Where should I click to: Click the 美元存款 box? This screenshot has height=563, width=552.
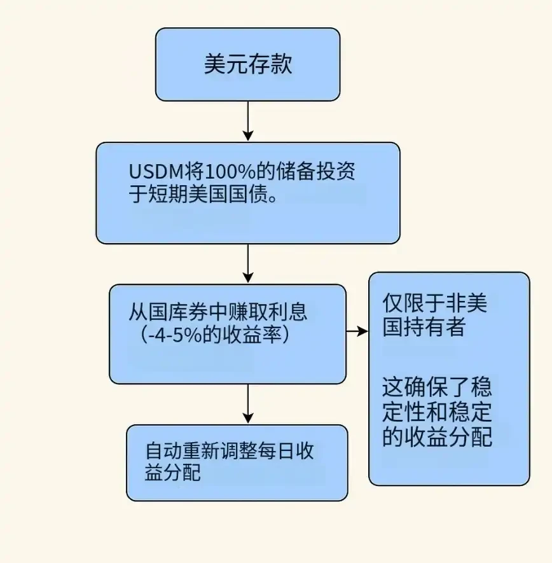coord(247,64)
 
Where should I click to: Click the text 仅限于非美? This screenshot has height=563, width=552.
coord(435,303)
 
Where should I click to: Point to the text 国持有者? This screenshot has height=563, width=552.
coord(424,326)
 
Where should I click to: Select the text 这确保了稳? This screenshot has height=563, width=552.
coord(437,387)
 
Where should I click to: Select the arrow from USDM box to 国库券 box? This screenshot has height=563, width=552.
coord(248,262)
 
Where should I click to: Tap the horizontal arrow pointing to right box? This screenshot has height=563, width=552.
coord(357,331)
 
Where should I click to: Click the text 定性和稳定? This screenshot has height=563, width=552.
coord(437,412)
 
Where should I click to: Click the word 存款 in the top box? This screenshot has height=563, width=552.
coord(270,64)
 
